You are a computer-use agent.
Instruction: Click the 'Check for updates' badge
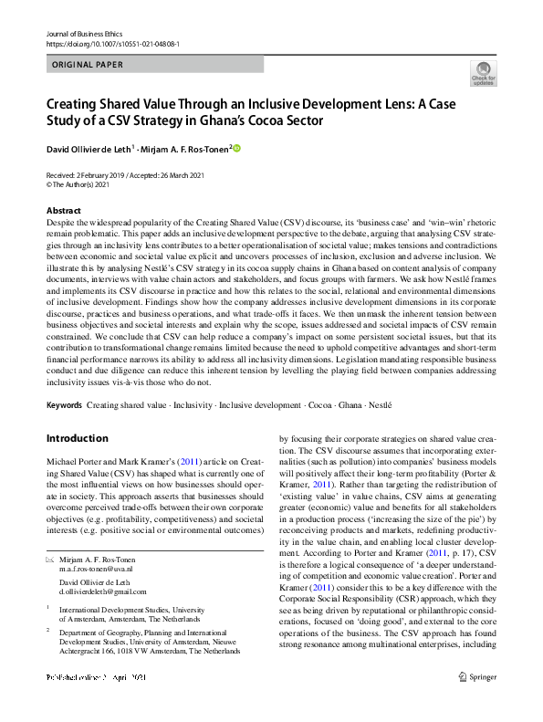(484, 73)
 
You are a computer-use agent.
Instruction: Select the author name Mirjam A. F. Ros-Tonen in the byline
(185, 148)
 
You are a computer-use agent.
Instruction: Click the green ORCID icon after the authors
(236, 148)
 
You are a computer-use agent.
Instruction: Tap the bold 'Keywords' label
(65, 403)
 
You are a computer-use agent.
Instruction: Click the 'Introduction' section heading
(77, 438)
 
